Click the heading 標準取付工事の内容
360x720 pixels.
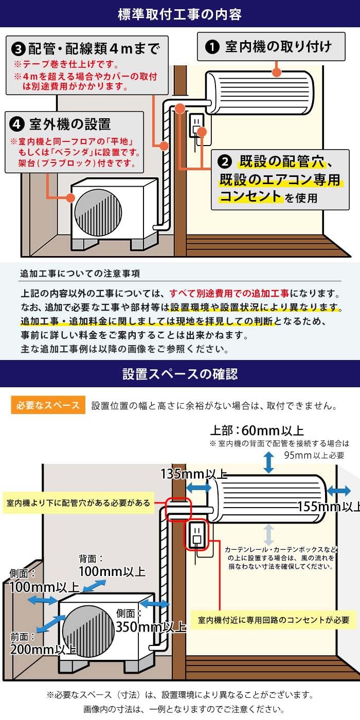[x=179, y=13]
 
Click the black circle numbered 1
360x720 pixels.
[x=212, y=48]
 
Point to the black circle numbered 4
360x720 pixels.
[x=17, y=124]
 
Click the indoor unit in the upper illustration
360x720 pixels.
[x=259, y=92]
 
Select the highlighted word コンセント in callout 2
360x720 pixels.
[x=250, y=196]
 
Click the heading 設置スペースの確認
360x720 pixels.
[x=179, y=373]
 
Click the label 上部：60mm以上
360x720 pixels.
[x=257, y=430]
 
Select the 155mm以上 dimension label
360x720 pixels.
[x=328, y=507]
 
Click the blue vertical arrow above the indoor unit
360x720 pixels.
[x=268, y=462]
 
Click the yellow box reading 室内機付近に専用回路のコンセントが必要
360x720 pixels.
[x=274, y=620]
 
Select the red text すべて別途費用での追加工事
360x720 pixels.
[x=229, y=294]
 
